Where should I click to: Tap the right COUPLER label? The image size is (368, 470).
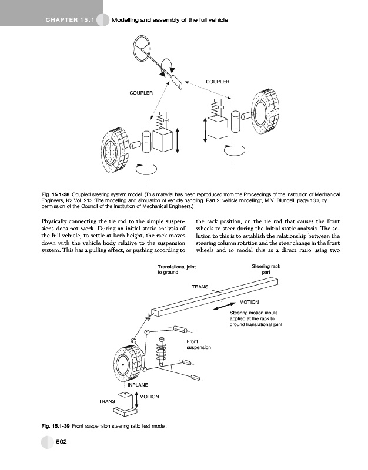click(x=217, y=81)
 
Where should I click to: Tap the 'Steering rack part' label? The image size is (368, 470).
click(x=266, y=270)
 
